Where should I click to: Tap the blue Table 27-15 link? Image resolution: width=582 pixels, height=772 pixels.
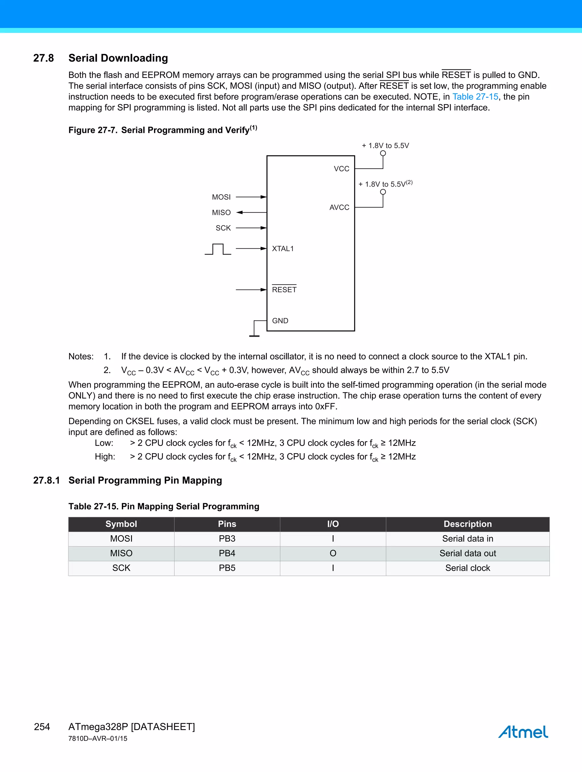(x=475, y=97)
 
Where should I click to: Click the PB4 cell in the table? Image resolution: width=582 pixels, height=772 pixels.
(x=227, y=553)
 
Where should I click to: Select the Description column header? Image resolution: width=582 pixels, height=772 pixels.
(x=467, y=524)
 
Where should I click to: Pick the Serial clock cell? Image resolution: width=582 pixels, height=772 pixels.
(x=467, y=568)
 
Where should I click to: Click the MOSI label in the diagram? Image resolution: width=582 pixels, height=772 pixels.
(x=221, y=197)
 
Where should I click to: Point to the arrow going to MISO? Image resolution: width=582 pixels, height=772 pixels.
(x=251, y=212)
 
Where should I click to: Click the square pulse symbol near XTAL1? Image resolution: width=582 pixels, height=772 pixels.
(x=218, y=249)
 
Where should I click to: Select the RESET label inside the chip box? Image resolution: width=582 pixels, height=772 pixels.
(x=284, y=289)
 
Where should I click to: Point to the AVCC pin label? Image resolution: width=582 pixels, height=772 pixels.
(x=339, y=207)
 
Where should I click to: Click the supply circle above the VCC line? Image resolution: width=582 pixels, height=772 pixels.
(x=383, y=153)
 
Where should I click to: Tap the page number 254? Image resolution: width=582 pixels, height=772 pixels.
(x=42, y=727)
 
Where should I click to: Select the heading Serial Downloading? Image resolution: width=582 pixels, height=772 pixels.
(x=118, y=58)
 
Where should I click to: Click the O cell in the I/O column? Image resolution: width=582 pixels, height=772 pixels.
(x=333, y=553)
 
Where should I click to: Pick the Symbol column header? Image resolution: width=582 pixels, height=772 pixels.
(x=121, y=524)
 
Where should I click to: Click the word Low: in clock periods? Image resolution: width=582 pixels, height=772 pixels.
(x=104, y=443)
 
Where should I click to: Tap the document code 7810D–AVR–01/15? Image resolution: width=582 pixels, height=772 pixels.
(x=98, y=738)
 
